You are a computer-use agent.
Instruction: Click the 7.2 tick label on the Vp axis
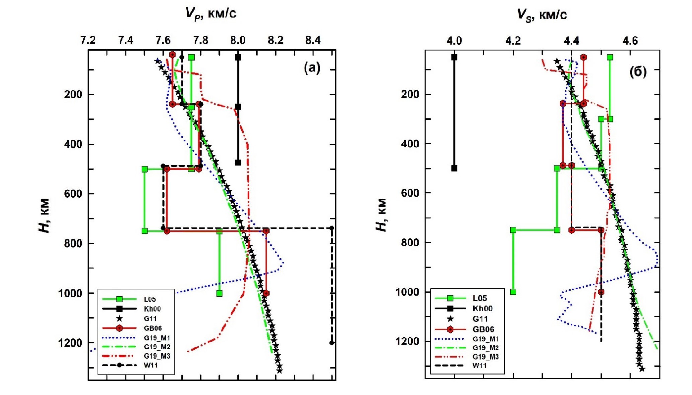88,41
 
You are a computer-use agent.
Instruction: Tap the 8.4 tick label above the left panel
313,41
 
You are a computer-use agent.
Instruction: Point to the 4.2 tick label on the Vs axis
513,41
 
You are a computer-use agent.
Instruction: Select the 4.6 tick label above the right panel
630,41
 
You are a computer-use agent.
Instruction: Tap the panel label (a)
312,68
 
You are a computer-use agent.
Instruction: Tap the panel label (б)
638,72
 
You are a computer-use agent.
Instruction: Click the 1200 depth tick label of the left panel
70,343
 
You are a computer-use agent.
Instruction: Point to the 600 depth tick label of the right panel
410,193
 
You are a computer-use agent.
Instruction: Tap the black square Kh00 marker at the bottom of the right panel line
454,168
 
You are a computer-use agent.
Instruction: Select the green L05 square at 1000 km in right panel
513,292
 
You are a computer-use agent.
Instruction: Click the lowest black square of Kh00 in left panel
238,163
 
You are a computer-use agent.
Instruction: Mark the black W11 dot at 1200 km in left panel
332,343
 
